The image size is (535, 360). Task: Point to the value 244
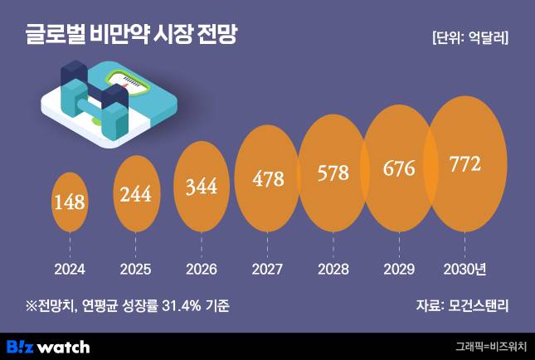(x=136, y=194)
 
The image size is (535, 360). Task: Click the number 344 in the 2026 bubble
(x=201, y=186)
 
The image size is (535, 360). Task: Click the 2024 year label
(x=70, y=269)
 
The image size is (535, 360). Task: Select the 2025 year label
(x=136, y=269)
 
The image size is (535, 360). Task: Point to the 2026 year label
(x=202, y=269)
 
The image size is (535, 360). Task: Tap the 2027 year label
(x=267, y=269)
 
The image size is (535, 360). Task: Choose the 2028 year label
(x=333, y=269)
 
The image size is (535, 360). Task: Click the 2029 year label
(x=399, y=269)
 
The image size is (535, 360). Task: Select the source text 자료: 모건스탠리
(x=462, y=306)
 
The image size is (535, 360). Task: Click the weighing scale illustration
(x=108, y=100)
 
